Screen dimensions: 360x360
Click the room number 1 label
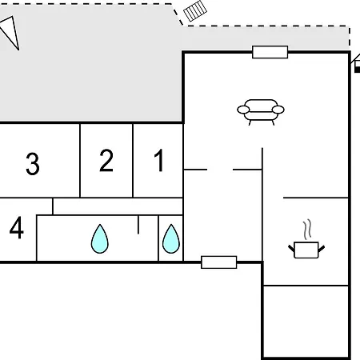pos(159,160)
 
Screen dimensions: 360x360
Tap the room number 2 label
pos(106,160)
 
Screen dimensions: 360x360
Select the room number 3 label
pos(33,164)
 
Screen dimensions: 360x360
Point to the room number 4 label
pos(17,227)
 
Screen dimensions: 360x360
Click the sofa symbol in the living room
pos(261,112)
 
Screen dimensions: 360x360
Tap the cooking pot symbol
pos(306,250)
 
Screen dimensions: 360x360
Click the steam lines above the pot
pos(307,229)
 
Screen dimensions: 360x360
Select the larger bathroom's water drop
pos(100,239)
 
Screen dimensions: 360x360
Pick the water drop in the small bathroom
pos(171,239)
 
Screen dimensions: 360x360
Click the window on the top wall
pos(270,52)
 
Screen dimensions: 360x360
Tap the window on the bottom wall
pos(219,262)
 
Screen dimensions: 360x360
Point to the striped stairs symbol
pos(195,11)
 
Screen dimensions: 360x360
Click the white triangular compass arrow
pos(10,31)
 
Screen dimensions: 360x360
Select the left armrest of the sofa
pos(243,110)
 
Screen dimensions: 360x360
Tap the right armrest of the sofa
pos(278,110)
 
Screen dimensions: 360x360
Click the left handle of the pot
pos(291,249)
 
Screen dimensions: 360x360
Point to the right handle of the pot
pos(322,249)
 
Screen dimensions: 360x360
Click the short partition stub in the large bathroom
pos(138,225)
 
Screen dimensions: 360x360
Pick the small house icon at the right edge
pos(357,63)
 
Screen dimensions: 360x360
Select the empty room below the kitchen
pos(306,322)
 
